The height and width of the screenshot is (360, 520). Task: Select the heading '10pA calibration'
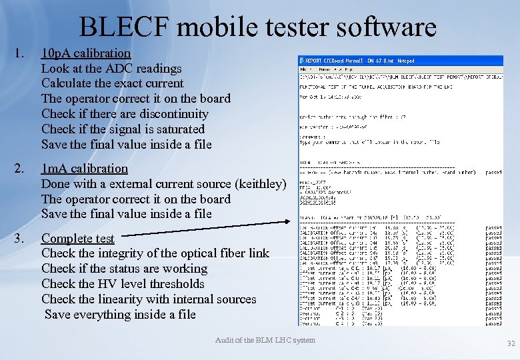click(x=86, y=53)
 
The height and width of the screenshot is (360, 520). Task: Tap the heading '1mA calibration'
click(x=84, y=169)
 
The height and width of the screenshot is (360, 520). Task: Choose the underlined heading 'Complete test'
click(x=77, y=239)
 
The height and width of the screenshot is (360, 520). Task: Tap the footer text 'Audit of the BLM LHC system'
click(x=265, y=340)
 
